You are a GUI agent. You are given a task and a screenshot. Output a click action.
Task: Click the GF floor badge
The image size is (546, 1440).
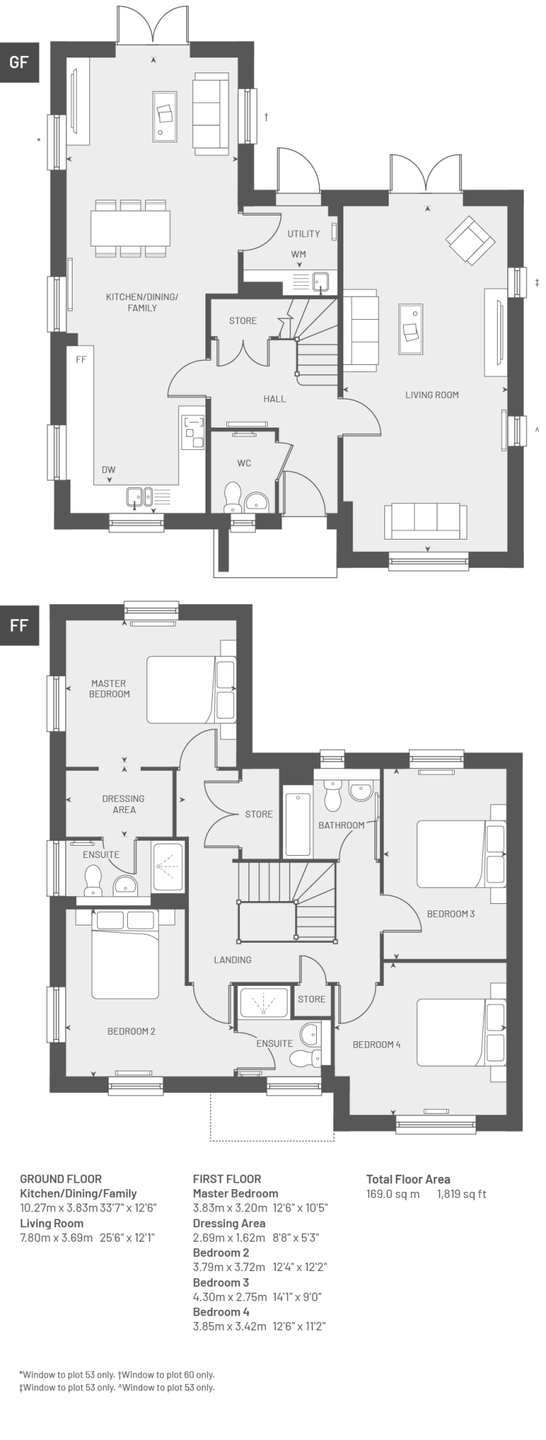19,62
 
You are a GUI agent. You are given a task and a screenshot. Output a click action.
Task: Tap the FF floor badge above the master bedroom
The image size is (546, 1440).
19,625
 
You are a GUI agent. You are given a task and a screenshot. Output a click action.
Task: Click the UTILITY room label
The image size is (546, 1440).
304,234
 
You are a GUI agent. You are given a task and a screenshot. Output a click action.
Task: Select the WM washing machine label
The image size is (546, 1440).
299,254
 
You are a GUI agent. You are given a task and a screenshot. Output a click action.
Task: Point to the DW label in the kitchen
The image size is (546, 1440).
108,470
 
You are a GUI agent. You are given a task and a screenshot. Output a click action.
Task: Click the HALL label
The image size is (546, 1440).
274,399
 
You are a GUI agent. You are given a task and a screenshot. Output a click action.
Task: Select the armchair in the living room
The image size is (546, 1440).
470,239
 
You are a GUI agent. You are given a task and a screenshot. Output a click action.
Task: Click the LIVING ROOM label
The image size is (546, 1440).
432,394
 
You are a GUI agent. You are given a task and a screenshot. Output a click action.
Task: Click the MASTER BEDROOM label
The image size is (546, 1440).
109,688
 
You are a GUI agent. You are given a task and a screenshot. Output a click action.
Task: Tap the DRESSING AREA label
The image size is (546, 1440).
124,804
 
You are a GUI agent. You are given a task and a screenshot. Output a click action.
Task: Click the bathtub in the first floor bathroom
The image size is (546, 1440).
298,824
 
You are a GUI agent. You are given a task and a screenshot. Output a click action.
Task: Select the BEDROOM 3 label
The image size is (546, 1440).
451,914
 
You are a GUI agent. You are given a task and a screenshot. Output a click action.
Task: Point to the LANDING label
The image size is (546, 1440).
233,960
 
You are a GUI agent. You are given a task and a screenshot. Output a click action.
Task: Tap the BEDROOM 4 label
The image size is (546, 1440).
376,1045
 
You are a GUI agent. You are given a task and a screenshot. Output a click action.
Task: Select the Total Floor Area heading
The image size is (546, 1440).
408,1179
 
